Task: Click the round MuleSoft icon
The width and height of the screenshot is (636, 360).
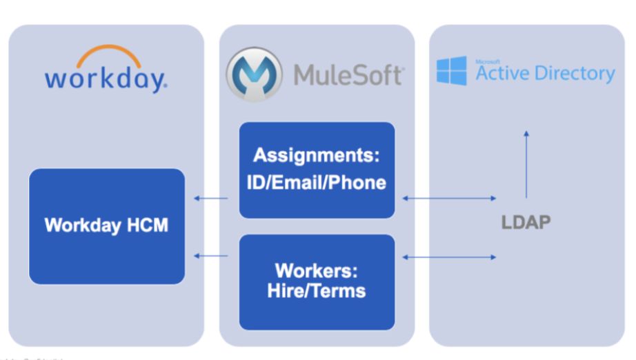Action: (253, 74)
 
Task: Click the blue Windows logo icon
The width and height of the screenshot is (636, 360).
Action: (451, 71)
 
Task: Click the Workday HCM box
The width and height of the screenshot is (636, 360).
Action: (107, 226)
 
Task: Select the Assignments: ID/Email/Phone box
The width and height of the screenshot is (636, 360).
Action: (317, 170)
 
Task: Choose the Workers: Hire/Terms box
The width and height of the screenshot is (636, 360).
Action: (317, 281)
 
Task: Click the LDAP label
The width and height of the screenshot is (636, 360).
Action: (526, 223)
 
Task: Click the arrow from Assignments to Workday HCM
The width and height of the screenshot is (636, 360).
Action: (211, 199)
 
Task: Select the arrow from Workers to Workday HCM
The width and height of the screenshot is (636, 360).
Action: (211, 256)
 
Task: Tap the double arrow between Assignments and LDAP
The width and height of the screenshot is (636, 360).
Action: (449, 199)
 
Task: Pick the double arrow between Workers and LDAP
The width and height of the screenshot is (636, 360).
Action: (449, 257)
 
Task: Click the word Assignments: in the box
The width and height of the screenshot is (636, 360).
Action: (317, 155)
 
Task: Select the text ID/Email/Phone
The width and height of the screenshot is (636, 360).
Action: (317, 182)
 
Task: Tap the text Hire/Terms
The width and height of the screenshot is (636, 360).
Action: (317, 290)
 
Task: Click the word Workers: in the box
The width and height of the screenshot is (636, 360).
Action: (317, 270)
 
